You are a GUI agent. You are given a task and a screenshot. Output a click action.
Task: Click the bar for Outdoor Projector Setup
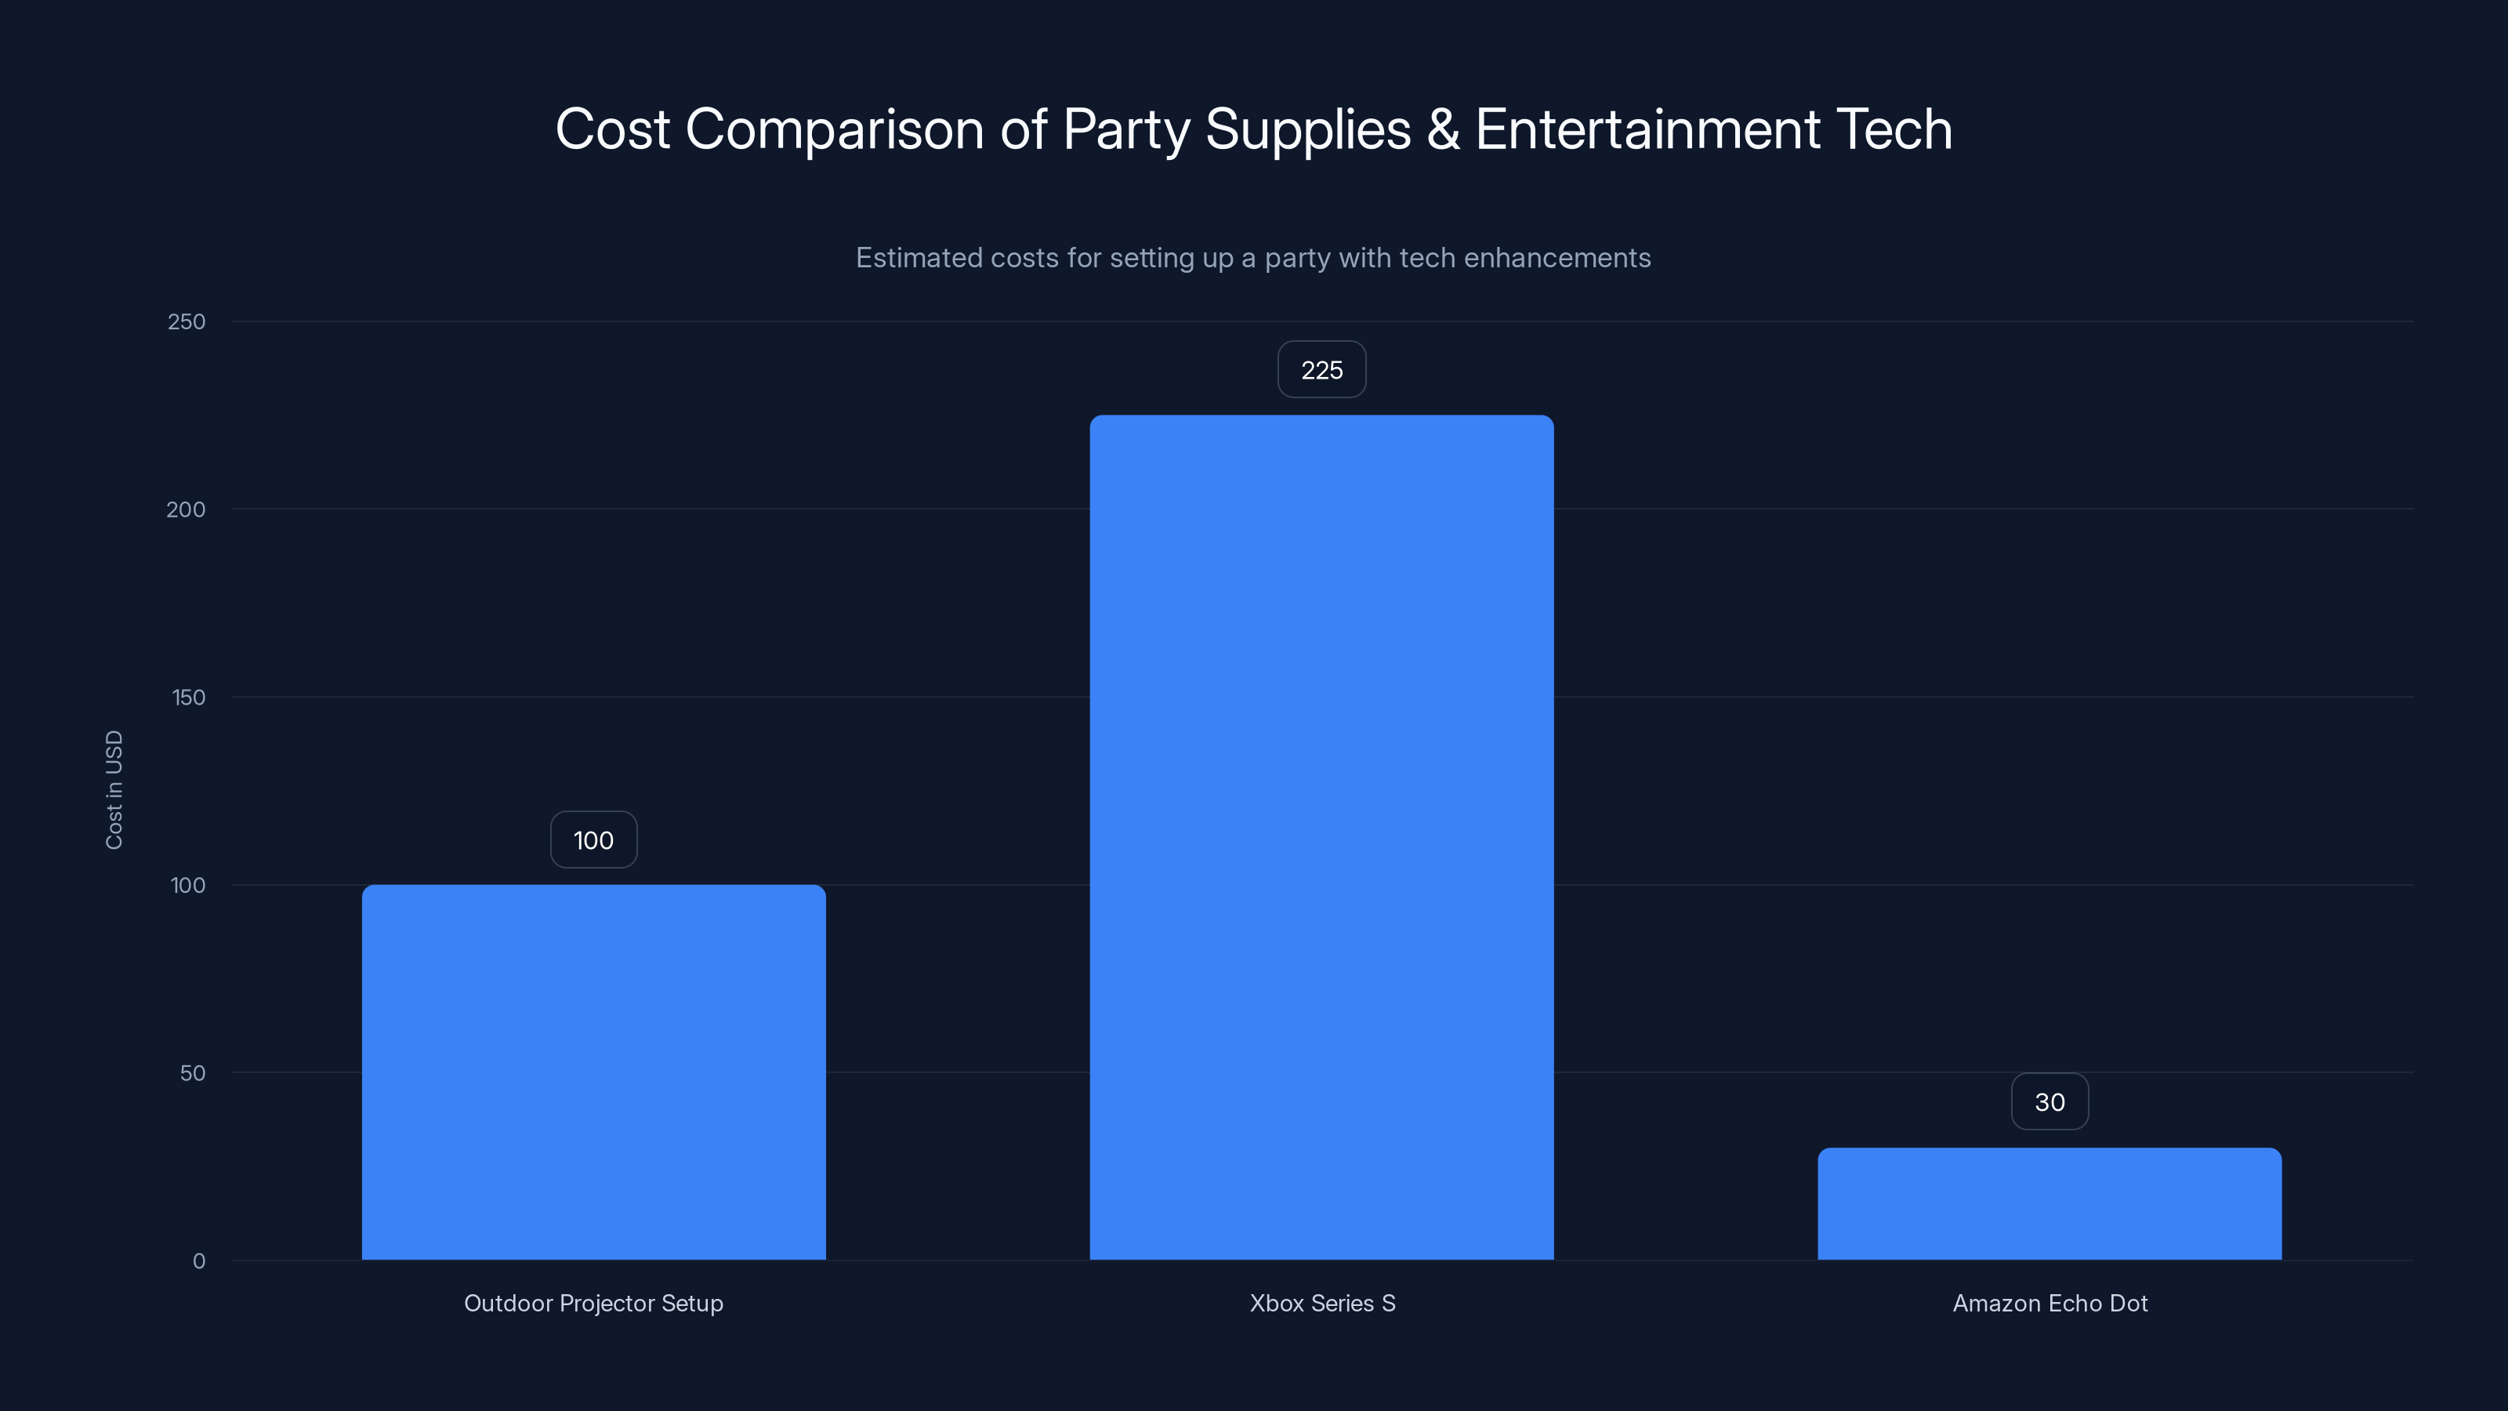(593, 1071)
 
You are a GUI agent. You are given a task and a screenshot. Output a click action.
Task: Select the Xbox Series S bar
(1321, 837)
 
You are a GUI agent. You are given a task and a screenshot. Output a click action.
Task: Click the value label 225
(1321, 370)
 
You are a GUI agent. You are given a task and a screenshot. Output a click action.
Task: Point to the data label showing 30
(2049, 1102)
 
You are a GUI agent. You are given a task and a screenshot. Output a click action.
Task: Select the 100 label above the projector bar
(593, 840)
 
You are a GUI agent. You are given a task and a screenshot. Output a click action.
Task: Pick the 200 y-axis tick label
(186, 510)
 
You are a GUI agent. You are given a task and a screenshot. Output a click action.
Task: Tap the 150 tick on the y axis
(188, 697)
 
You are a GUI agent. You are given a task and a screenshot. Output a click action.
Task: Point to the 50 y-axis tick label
(192, 1073)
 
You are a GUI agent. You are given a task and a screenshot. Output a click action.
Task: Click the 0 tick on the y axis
(198, 1261)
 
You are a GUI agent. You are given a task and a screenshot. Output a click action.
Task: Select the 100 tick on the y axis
(188, 885)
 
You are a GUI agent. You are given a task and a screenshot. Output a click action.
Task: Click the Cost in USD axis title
(114, 789)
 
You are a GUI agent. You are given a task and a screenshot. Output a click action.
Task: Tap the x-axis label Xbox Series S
(1321, 1303)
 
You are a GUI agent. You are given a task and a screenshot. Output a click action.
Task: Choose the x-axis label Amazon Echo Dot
(2050, 1303)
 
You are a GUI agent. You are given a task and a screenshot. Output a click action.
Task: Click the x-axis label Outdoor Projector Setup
(593, 1303)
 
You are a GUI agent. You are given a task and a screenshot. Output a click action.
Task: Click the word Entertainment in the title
(1647, 129)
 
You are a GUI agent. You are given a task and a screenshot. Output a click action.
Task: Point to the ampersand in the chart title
(1443, 129)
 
